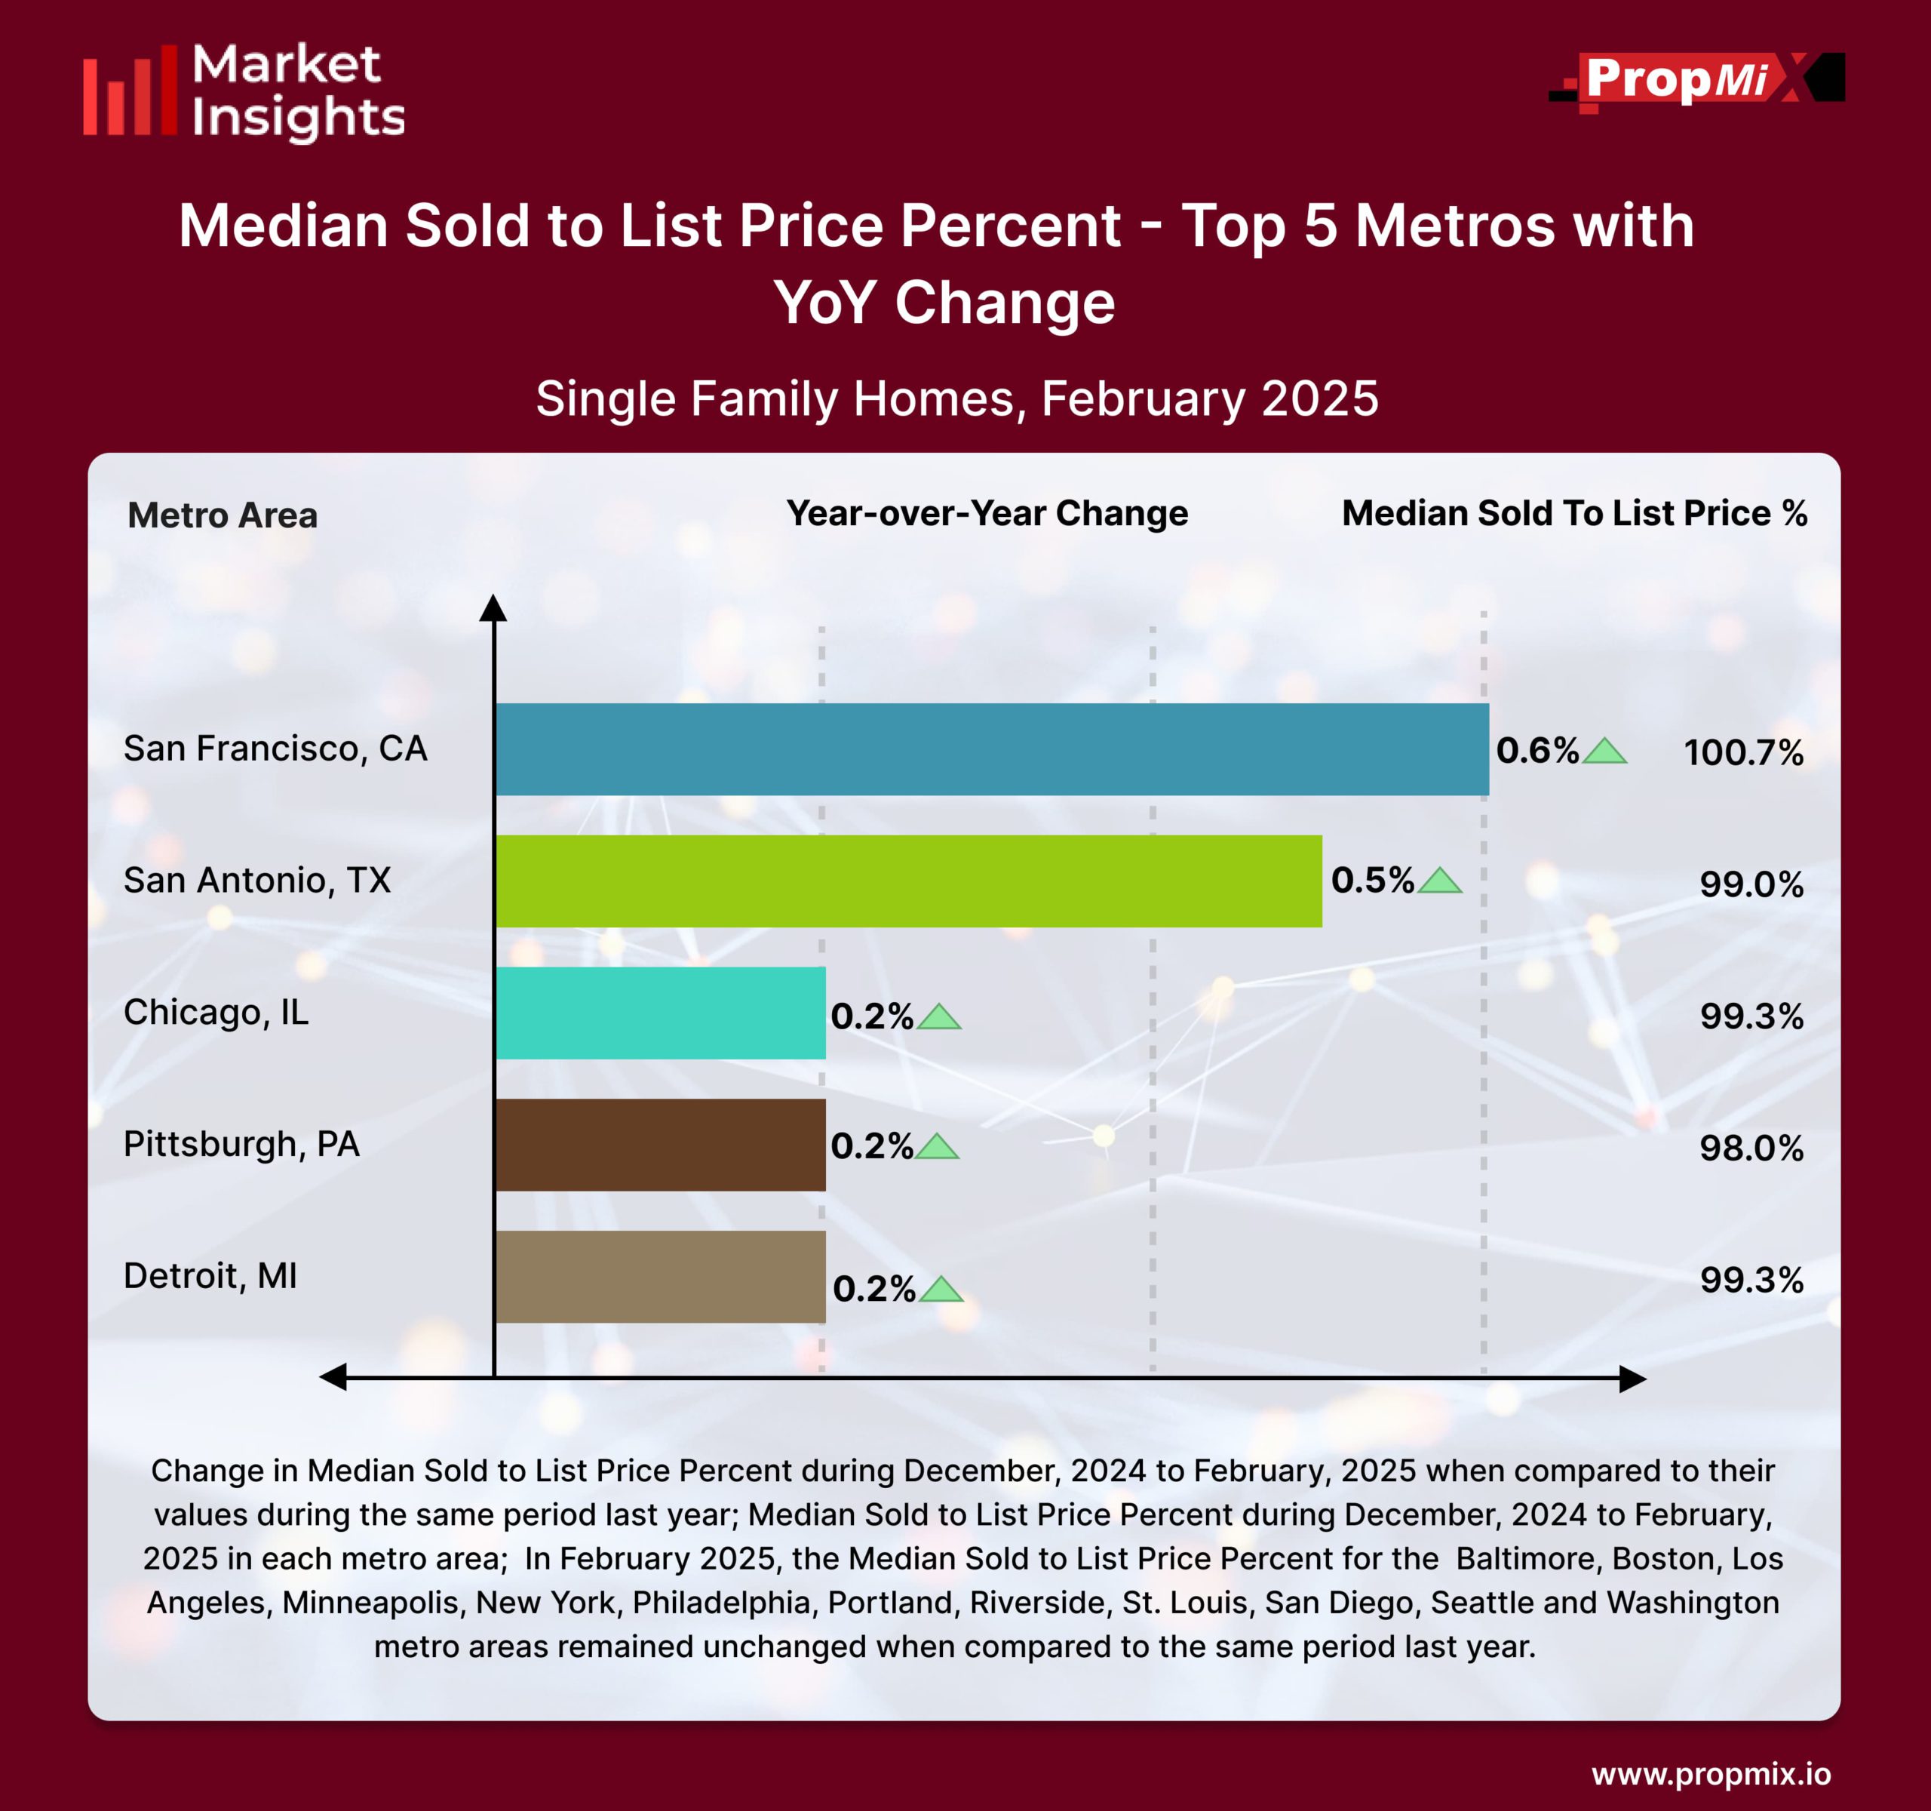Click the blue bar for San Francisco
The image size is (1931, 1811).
click(990, 749)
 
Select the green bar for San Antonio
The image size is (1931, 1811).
click(908, 881)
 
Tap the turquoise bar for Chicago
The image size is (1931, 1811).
click(661, 1013)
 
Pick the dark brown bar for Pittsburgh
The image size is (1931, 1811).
click(661, 1145)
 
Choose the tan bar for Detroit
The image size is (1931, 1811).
click(661, 1277)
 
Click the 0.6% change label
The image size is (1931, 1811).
click(1537, 750)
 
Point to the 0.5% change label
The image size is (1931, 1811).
click(1371, 881)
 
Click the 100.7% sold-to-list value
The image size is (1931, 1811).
click(1742, 753)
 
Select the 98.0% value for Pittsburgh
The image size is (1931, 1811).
click(1750, 1148)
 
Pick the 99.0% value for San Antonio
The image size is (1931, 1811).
click(1750, 884)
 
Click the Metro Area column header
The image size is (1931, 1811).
click(223, 515)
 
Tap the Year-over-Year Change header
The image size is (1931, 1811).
click(987, 513)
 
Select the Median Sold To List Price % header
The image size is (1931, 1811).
click(1573, 513)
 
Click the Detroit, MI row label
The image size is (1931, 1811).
click(210, 1276)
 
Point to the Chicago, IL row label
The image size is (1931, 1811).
click(216, 1013)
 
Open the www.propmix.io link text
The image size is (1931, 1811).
click(1711, 1774)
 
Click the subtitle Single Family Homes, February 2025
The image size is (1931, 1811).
click(956, 398)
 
